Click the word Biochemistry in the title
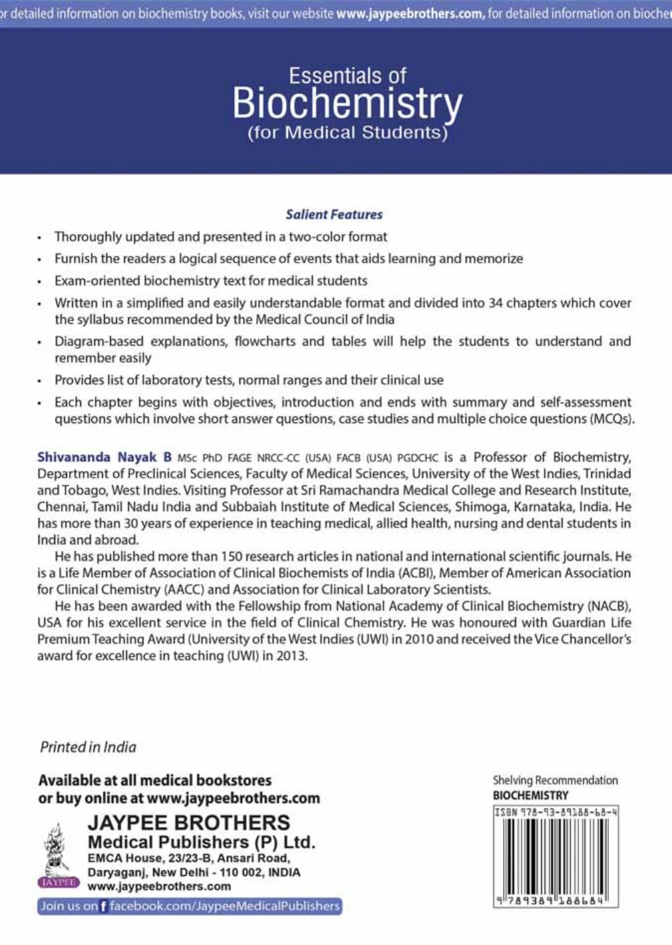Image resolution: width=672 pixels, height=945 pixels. (x=347, y=104)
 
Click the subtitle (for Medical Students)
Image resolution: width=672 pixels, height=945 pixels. (x=347, y=133)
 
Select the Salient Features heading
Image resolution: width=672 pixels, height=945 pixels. (x=334, y=214)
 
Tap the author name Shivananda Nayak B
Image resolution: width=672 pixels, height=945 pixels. (x=104, y=457)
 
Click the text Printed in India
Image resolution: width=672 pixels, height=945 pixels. (x=88, y=747)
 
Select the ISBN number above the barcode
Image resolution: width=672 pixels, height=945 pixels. (x=556, y=812)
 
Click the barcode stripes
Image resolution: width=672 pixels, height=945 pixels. (x=556, y=855)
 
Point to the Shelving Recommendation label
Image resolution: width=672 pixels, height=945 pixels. (x=555, y=781)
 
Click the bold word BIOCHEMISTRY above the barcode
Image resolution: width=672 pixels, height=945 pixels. (x=530, y=795)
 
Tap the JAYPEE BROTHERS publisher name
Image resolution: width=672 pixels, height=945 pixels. (x=188, y=823)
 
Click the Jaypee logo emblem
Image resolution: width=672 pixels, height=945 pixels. (x=58, y=855)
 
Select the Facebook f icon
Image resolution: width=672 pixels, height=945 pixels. (x=103, y=907)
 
